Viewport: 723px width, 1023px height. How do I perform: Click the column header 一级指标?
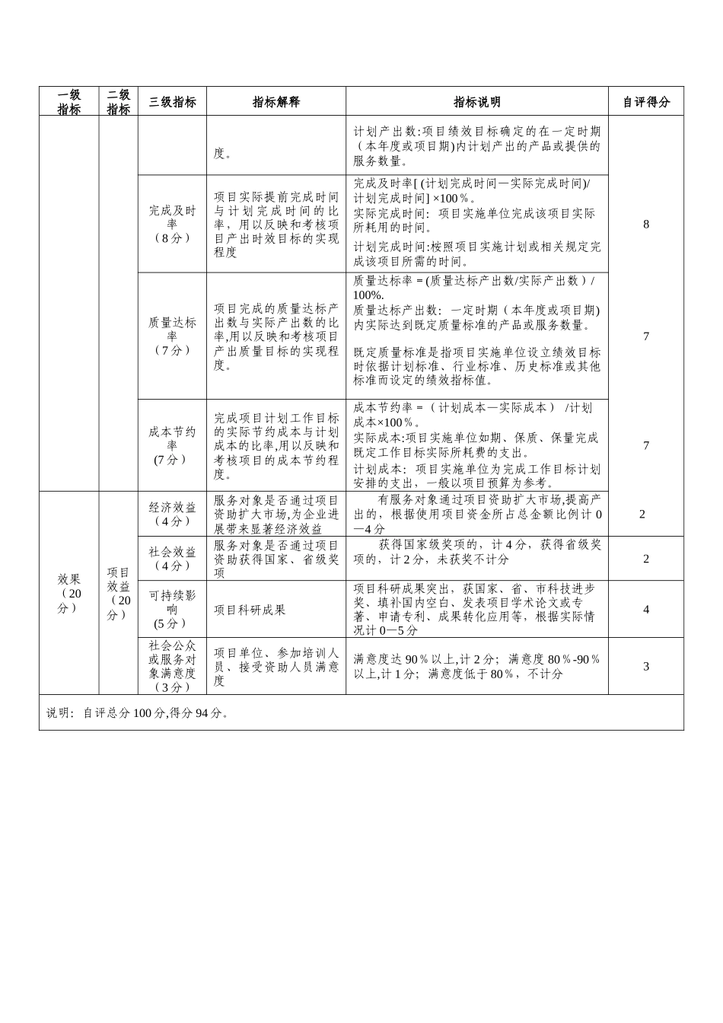click(69, 102)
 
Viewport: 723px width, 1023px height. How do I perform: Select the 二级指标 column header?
click(118, 102)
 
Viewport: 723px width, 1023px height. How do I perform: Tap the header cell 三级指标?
click(172, 102)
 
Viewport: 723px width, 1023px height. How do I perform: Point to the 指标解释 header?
click(276, 102)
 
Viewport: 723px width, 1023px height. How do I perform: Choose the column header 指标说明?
click(477, 102)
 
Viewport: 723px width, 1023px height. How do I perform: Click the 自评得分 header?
click(646, 102)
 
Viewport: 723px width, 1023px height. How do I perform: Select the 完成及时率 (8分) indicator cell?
click(172, 224)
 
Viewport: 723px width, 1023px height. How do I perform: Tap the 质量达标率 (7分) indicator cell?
click(172, 336)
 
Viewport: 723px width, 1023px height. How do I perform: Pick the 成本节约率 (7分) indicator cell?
click(172, 445)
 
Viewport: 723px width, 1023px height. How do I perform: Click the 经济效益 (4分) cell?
click(172, 514)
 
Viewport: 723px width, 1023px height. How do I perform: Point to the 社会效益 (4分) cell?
click(172, 559)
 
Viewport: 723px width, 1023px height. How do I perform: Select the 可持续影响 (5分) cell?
click(172, 609)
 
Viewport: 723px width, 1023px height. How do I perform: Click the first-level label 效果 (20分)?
click(69, 593)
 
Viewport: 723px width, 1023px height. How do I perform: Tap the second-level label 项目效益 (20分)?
click(118, 593)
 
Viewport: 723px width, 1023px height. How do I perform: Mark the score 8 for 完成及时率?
click(646, 224)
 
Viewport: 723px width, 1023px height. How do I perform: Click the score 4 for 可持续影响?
click(646, 609)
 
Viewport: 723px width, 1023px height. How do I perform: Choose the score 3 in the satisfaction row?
click(646, 666)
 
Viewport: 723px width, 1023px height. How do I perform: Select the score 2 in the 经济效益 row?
click(643, 514)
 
